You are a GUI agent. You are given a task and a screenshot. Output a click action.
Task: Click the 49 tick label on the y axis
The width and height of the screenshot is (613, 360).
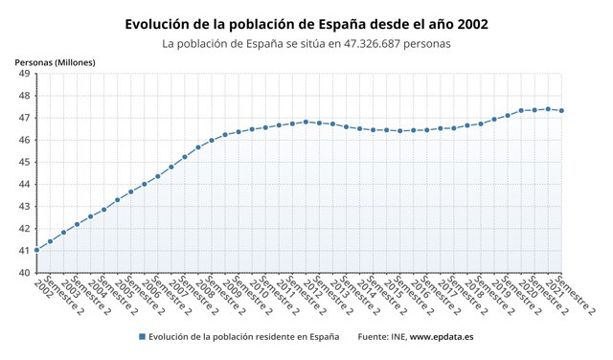click(x=22, y=74)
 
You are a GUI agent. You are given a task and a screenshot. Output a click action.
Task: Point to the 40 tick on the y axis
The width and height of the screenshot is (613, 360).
click(x=22, y=273)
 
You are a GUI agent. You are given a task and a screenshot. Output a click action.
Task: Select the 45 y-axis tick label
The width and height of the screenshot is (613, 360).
click(x=22, y=162)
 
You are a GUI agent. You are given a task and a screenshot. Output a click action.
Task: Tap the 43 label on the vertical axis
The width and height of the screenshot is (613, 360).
click(x=22, y=206)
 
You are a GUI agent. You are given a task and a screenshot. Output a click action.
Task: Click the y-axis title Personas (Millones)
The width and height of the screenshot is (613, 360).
click(x=55, y=62)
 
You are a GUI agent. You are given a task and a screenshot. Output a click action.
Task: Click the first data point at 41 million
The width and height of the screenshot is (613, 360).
click(x=36, y=250)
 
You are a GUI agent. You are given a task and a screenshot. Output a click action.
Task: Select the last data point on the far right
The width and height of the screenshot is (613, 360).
click(x=561, y=110)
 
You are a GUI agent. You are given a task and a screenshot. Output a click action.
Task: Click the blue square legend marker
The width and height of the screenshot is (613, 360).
click(x=141, y=337)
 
